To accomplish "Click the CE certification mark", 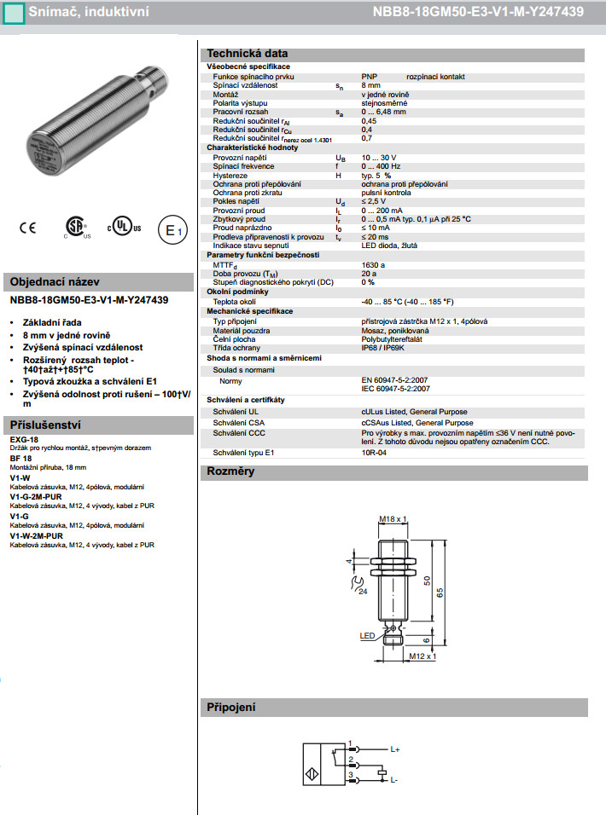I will click(27, 228).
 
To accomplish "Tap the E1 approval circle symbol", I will click(172, 230).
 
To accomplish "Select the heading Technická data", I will click(248, 53).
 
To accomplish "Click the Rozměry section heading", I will click(230, 471).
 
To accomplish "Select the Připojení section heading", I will click(231, 707).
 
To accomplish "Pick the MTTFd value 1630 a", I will click(374, 264).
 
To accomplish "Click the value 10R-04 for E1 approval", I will click(375, 452).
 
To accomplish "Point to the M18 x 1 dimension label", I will click(393, 518).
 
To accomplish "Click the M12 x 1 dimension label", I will click(422, 656).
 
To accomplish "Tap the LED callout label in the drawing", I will click(367, 636).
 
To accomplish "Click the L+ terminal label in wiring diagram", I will click(395, 749).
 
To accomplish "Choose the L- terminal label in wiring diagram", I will click(395, 779).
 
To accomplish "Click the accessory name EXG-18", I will click(24, 439).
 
